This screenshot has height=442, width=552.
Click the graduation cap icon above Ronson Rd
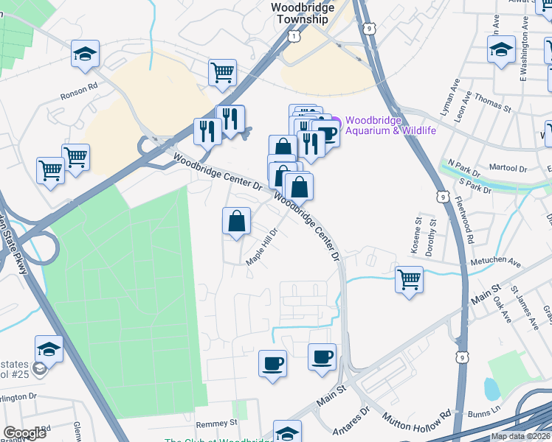86,53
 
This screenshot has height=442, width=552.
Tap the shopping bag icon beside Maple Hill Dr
236,221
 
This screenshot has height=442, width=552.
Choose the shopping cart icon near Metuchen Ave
409,279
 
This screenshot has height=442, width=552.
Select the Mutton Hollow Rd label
415,420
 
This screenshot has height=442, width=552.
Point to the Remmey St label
217,424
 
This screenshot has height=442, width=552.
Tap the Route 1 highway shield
295,35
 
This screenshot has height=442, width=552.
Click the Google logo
24,433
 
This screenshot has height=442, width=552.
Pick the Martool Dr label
509,168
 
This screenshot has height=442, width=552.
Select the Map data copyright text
520,436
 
